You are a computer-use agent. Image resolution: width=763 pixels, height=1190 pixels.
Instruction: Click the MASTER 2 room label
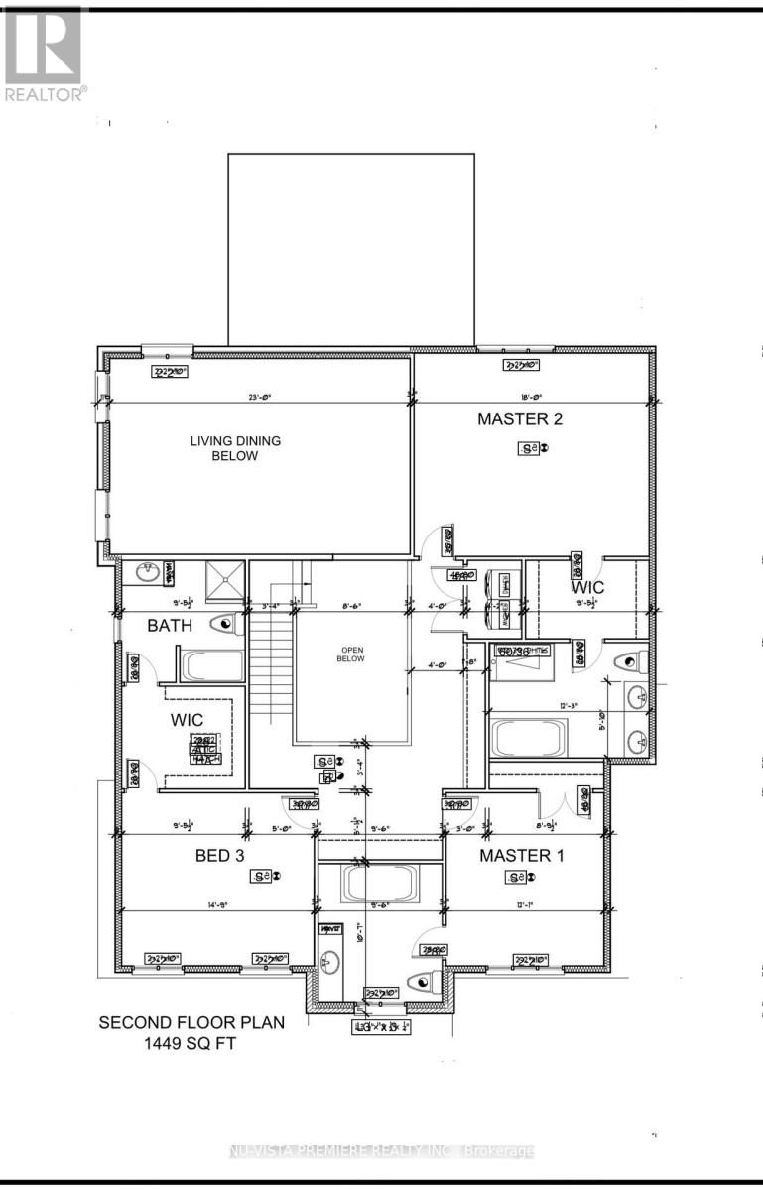click(520, 418)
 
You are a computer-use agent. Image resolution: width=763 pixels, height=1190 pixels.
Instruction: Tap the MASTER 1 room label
click(522, 855)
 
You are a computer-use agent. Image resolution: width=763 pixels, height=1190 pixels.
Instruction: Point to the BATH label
click(170, 626)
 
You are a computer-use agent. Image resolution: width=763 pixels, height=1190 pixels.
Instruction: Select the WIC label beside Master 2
click(586, 587)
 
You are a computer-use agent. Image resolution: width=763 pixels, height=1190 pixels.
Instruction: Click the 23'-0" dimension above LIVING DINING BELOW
click(260, 398)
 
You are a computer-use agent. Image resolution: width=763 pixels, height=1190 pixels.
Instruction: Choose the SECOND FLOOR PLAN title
click(191, 1021)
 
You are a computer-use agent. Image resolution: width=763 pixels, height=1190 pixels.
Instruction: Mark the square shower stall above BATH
click(224, 580)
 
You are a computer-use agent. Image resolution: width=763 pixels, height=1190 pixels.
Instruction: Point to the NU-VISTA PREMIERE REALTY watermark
click(382, 1151)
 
